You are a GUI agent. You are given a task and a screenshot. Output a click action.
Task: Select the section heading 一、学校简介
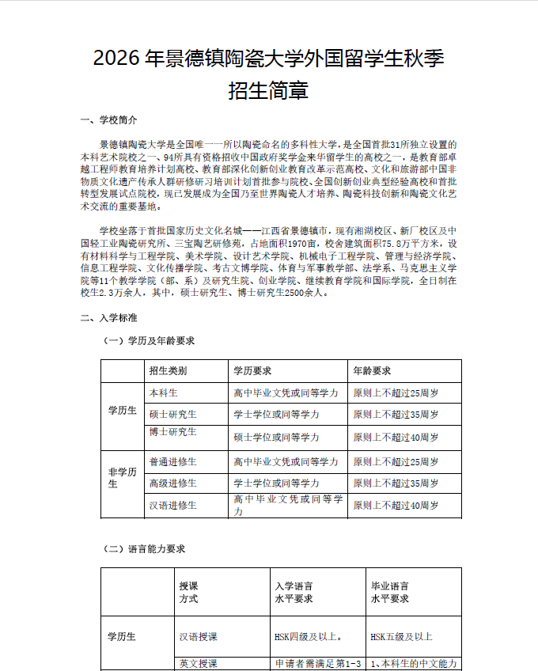pos(109,120)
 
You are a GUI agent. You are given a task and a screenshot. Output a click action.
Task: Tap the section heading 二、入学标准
pos(109,317)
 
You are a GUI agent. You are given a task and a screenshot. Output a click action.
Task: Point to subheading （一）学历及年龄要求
pos(150,341)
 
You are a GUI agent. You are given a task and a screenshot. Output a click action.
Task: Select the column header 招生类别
pos(168,370)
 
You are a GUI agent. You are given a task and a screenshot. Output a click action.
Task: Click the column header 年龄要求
pos(372,370)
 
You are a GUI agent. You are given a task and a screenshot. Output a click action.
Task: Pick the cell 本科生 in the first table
pos(164,392)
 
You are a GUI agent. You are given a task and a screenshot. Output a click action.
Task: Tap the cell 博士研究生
pos(173,432)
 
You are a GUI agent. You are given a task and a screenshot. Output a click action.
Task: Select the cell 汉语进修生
pos(173,505)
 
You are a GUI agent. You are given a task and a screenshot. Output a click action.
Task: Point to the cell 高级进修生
pos(173,483)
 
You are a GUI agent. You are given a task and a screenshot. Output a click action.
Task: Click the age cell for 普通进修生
pos(396,461)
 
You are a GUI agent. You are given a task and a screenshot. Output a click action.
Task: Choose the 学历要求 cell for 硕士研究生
pos(276,414)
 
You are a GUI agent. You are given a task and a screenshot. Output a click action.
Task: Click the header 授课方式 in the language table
pos(188,592)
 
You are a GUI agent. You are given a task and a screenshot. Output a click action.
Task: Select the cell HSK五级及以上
pos(401,636)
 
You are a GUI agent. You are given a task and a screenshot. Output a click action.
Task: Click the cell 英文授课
pos(199,663)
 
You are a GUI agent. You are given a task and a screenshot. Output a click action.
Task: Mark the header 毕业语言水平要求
pos(390,592)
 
